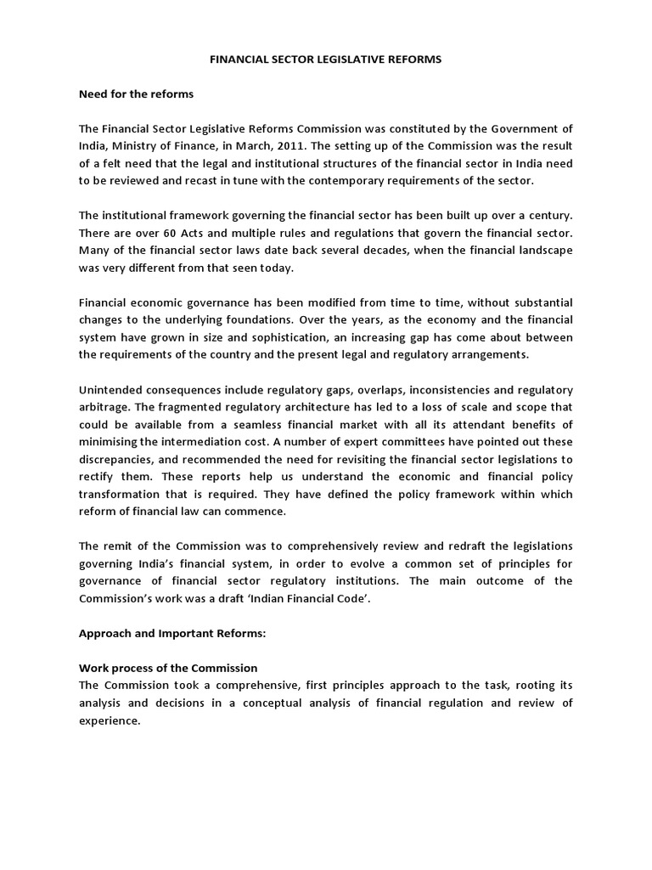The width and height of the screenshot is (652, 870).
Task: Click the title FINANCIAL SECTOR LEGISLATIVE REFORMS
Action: (326, 60)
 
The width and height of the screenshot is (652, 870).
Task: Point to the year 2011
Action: (304, 145)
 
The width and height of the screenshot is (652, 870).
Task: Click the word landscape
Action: (542, 251)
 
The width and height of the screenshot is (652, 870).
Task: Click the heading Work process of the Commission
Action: (168, 668)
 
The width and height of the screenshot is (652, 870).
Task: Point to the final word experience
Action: (109, 720)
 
